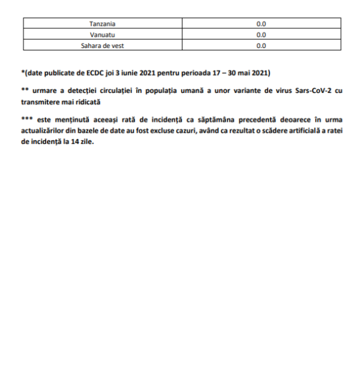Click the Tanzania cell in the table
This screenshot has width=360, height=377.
[102, 24]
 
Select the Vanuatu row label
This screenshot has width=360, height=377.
[102, 35]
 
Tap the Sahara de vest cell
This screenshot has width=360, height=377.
[102, 46]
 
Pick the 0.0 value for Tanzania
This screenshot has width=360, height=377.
[261, 24]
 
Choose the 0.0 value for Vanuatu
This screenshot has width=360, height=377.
[261, 35]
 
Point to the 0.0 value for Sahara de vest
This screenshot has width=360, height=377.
[261, 46]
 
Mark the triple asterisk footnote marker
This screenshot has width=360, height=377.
[26, 118]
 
